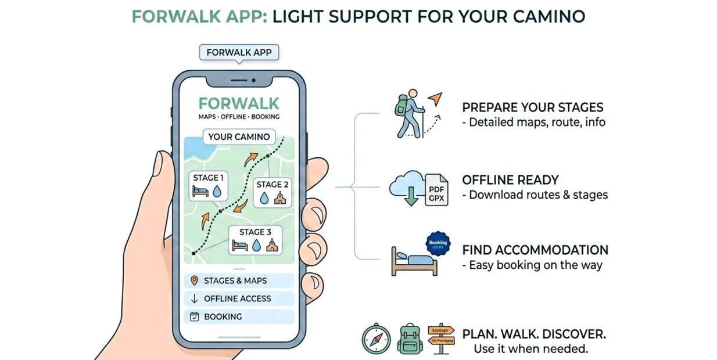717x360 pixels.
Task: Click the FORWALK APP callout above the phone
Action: point(239,52)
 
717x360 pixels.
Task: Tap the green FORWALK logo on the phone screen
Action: point(239,103)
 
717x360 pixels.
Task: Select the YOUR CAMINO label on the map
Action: point(239,137)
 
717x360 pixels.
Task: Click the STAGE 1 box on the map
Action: point(208,185)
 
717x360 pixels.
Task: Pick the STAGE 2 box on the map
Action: point(273,192)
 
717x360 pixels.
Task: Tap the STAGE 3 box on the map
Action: point(256,240)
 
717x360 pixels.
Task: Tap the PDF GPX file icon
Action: point(436,190)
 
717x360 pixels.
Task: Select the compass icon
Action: point(376,339)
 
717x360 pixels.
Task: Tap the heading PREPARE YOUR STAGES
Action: point(532,107)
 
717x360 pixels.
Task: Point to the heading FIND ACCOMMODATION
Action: point(535,250)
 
